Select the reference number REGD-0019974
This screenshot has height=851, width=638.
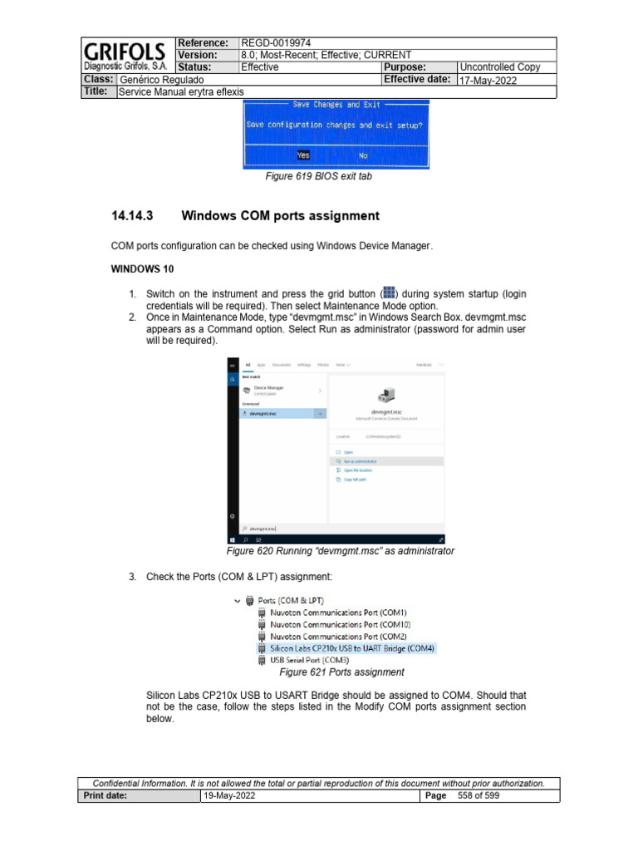[275, 43]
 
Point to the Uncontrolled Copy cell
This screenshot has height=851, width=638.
[500, 66]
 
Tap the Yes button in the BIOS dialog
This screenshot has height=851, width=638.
[302, 155]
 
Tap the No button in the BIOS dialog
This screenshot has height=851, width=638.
[363, 155]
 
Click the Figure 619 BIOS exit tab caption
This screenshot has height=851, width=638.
[318, 176]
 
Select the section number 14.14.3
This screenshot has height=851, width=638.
[133, 216]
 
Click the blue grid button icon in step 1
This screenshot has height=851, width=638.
[389, 294]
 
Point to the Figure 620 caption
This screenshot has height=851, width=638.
[341, 551]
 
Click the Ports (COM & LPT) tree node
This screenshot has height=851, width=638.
[291, 600]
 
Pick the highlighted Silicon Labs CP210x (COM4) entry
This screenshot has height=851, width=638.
[351, 648]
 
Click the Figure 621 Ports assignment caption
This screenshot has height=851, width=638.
[341, 671]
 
